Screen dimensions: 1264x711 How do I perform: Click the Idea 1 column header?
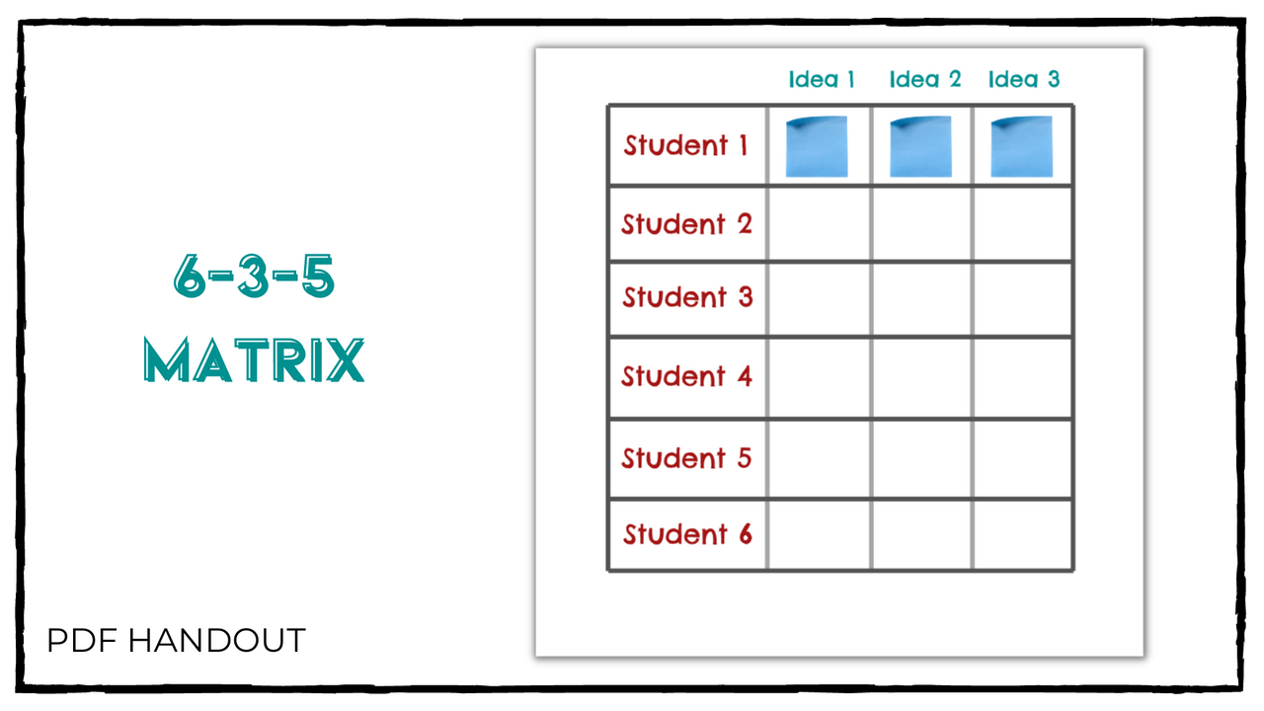[822, 79]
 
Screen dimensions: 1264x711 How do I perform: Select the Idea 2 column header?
[924, 79]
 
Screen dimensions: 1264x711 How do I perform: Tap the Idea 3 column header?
[1024, 79]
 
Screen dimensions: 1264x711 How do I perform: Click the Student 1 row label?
[686, 145]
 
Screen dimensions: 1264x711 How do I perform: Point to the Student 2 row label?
[686, 224]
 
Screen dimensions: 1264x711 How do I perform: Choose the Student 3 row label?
[686, 297]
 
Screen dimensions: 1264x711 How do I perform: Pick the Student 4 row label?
[686, 376]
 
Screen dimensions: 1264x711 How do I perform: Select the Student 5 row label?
[686, 458]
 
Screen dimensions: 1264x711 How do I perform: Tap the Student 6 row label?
[686, 534]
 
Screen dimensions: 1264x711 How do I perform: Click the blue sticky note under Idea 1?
[817, 146]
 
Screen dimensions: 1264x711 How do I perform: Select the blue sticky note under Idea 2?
[920, 146]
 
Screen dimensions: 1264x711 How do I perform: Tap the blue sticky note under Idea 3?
[1021, 146]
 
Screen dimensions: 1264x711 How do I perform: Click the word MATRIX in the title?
[254, 360]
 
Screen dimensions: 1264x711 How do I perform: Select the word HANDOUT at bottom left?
[216, 641]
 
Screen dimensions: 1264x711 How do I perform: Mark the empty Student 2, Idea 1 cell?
[819, 224]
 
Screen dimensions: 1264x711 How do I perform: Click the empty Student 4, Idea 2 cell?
[921, 377]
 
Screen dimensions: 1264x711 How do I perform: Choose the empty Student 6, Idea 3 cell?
[1022, 534]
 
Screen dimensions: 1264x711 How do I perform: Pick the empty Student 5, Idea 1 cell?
[819, 458]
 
